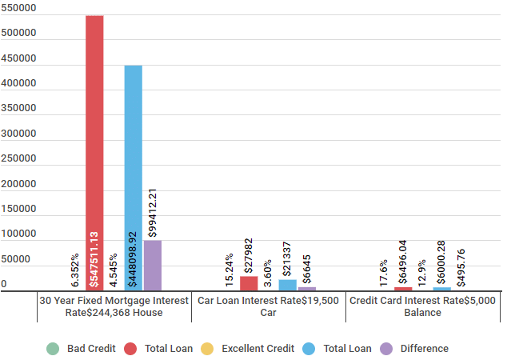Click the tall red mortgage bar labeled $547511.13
(94, 153)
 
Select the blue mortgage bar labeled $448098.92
(134, 178)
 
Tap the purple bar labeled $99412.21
(153, 266)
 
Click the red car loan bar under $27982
(249, 283)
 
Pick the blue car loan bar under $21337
(288, 285)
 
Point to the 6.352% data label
(75, 270)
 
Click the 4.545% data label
(114, 270)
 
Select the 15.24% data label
(230, 270)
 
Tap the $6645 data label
(307, 270)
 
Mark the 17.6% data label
(384, 274)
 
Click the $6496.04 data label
(403, 262)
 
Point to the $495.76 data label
(461, 268)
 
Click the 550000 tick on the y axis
(18, 8)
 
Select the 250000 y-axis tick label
(18, 158)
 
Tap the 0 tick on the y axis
(4, 284)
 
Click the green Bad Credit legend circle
(53, 349)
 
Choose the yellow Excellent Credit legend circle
(207, 349)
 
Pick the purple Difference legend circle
(386, 349)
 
